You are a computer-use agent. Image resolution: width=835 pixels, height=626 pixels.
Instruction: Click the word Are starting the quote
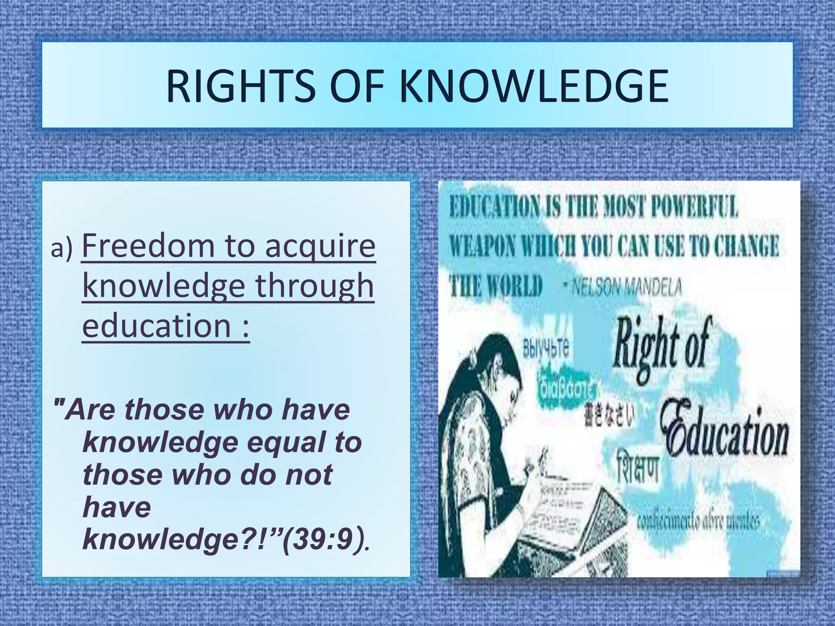point(92,410)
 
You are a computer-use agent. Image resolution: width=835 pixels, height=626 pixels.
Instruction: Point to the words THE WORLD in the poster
point(496,287)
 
